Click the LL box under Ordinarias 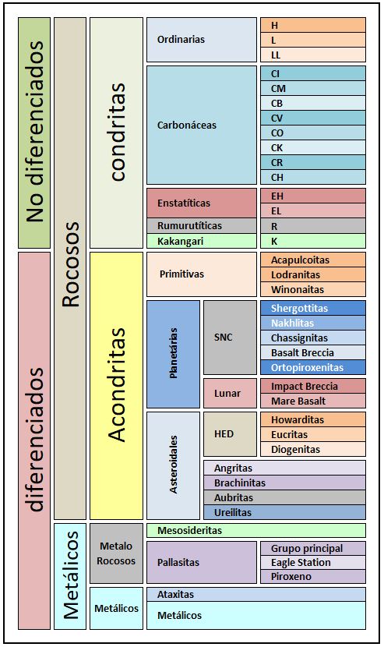[312, 55]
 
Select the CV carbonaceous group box [312, 118]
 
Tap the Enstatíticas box [202, 203]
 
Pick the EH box [312, 196]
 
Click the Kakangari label [180, 242]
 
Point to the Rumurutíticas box [202, 226]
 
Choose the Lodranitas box [312, 275]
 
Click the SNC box [230, 338]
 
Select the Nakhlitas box [312, 323]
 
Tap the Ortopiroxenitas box [312, 367]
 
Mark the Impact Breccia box [312, 386]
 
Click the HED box [230, 434]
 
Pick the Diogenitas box [312, 449]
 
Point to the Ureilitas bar [284, 512]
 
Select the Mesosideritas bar [256, 531]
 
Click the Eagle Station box [312, 562]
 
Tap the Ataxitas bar [256, 595]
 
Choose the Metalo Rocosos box [116, 553]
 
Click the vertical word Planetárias [174, 353]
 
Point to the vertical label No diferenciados [34, 132]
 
